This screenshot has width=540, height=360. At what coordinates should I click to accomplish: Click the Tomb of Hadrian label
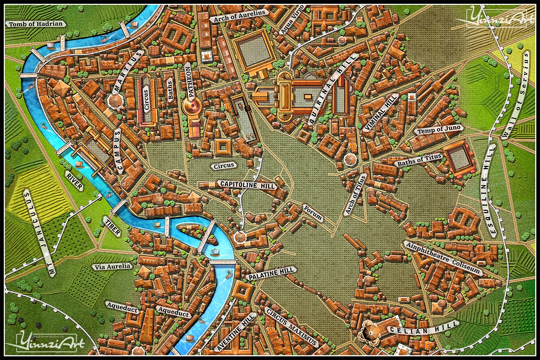pyautogui.click(x=35, y=24)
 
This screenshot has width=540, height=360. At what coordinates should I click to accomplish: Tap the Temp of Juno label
pyautogui.click(x=439, y=130)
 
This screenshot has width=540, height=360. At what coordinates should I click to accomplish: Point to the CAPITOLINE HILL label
pyautogui.click(x=247, y=185)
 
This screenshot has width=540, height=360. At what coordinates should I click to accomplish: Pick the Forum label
pyautogui.click(x=313, y=213)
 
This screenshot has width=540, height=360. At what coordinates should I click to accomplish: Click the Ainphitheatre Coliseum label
pyautogui.click(x=443, y=258)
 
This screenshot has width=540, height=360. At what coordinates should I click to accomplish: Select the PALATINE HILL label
pyautogui.click(x=271, y=273)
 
